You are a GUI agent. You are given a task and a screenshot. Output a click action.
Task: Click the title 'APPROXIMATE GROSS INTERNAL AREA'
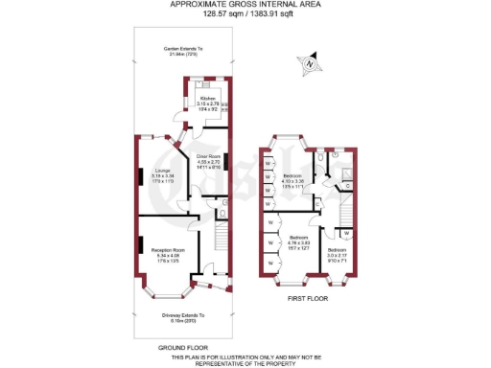click(x=245, y=5)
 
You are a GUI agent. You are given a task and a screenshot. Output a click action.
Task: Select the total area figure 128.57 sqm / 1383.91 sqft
click(x=245, y=15)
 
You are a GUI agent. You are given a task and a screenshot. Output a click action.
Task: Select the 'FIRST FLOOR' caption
click(x=308, y=299)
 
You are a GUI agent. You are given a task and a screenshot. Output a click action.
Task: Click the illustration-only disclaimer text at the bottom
click(x=245, y=360)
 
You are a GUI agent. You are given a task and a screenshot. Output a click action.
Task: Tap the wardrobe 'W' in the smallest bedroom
click(x=345, y=232)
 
